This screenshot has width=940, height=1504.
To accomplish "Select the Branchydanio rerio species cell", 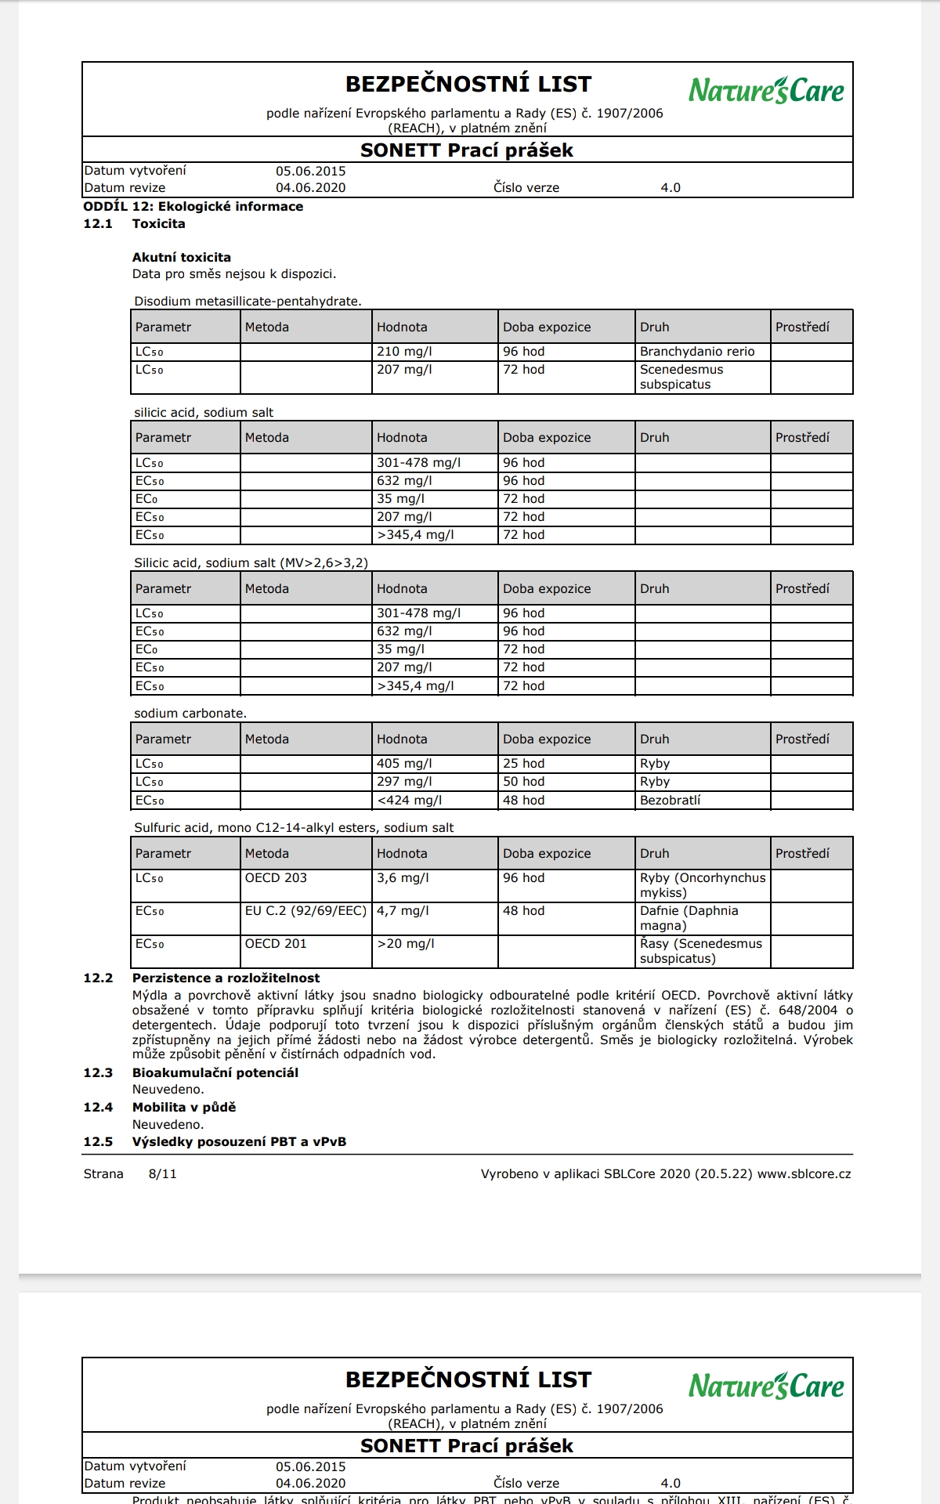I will coord(697,352).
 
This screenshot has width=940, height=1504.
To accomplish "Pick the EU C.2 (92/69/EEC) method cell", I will coord(305,911).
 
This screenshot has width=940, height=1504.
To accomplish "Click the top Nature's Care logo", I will coord(766,91).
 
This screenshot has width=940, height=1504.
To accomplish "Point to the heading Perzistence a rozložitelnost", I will coord(226,978).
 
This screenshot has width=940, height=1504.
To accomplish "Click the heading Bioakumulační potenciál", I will coord(215,1073).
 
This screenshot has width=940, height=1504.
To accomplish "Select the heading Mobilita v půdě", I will coord(183,1108).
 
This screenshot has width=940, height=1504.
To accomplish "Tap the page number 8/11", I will coord(162,1174).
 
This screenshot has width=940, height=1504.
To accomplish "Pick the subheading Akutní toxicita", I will coord(181,258).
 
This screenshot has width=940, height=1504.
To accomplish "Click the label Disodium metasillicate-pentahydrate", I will coord(248,302).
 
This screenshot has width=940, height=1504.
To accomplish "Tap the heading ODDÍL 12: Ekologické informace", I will coord(193,207).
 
